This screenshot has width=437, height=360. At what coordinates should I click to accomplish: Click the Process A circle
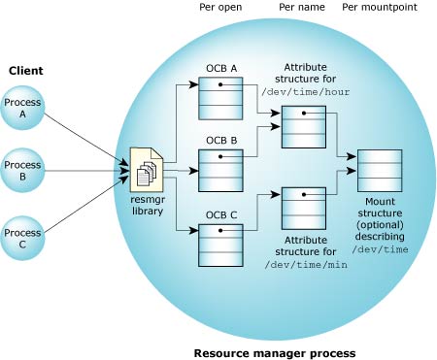22,107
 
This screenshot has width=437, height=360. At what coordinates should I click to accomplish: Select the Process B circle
22,171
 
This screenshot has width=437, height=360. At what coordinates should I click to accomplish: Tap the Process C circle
22,239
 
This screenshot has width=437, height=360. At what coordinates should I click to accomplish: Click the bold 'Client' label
25,71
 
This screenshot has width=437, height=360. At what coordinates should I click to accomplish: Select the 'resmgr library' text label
147,205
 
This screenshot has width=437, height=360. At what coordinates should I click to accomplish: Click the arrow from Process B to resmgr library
87,172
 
